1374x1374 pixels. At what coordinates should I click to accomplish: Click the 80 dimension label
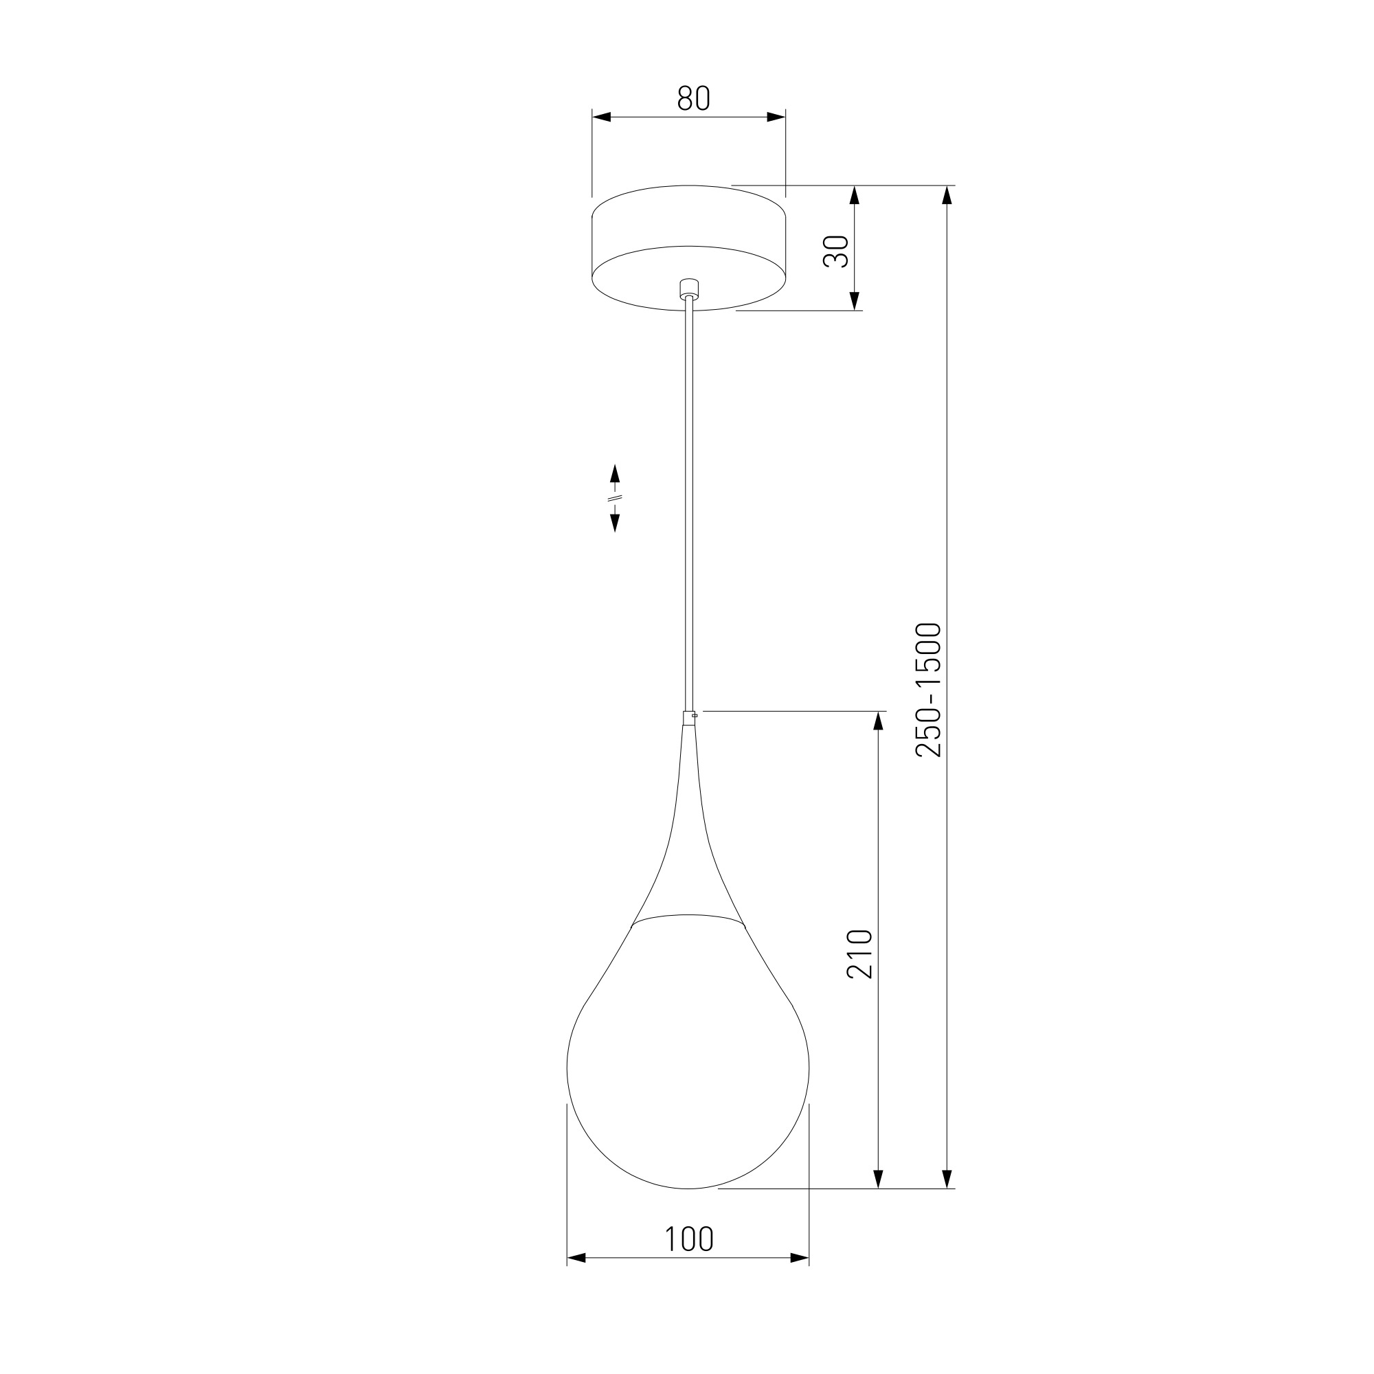693,98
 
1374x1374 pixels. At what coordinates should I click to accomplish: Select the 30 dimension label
836,251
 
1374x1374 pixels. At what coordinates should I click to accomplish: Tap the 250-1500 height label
929,690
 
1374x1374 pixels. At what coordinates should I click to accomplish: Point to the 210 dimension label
860,954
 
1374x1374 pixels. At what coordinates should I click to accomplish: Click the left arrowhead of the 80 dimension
602,117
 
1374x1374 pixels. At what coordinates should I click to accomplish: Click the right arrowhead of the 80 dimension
776,117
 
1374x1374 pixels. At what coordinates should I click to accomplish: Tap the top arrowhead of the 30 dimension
855,195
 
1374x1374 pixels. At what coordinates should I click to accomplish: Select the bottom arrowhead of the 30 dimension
855,301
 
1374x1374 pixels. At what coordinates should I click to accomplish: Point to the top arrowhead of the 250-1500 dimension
947,195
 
